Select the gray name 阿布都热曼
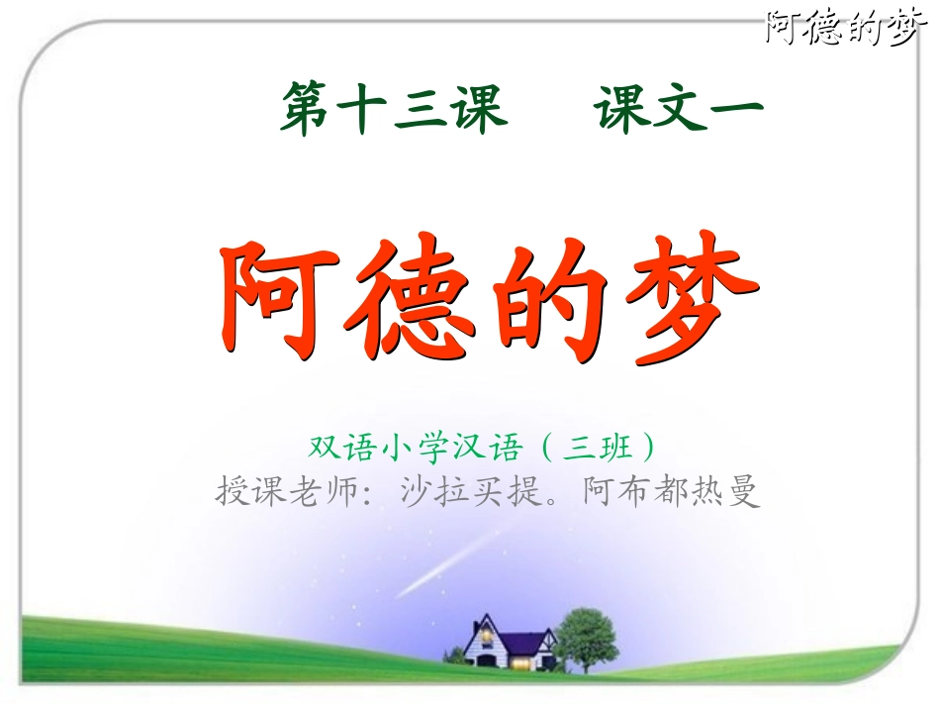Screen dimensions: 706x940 coord(672,491)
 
